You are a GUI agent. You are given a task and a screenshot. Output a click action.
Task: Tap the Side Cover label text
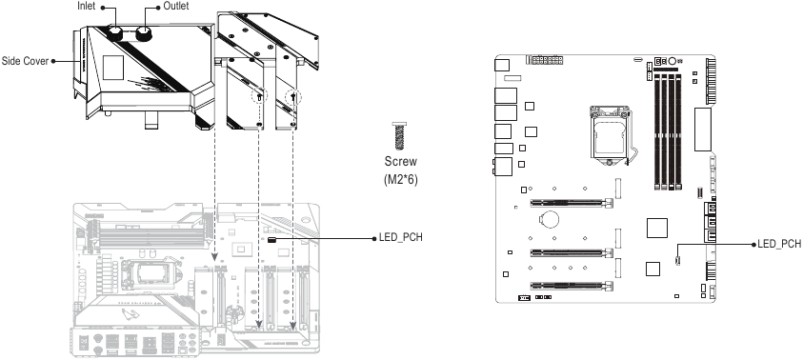(x=24, y=58)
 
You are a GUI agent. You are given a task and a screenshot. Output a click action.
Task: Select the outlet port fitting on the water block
(x=146, y=34)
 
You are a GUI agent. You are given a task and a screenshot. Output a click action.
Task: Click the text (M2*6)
(x=400, y=177)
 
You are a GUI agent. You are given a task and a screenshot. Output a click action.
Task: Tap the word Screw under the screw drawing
(x=400, y=162)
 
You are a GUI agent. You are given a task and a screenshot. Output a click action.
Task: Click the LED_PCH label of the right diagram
(x=778, y=244)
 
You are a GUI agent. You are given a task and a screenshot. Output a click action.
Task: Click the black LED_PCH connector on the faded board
(x=272, y=240)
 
